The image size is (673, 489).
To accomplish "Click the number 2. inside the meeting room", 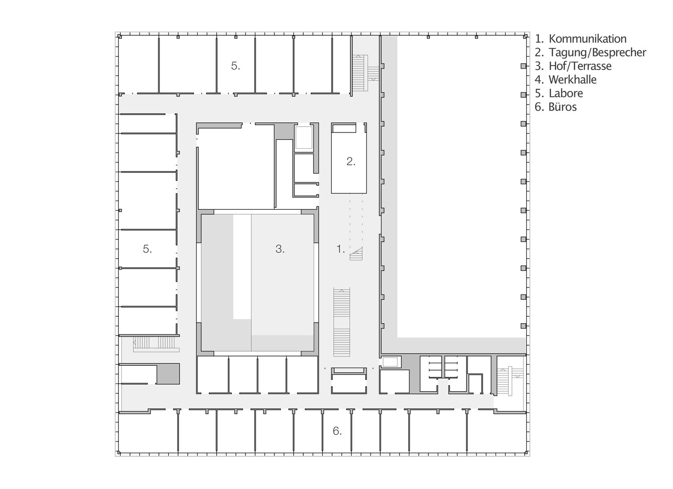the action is click(351, 161).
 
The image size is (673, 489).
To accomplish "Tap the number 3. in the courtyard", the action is click(280, 249).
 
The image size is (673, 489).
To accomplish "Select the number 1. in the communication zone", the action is click(340, 249).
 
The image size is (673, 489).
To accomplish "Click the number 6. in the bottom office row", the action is click(337, 431).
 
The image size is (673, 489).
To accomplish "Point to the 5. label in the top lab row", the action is click(236, 66).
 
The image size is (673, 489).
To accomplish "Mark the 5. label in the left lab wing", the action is click(147, 249).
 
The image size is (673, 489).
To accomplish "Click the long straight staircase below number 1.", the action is click(341, 322).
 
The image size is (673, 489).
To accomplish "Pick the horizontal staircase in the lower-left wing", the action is click(156, 344).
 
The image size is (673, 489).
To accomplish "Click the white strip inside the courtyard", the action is click(242, 267).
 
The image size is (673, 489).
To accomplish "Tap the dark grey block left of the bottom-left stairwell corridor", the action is click(168, 374).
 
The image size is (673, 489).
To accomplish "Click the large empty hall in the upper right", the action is click(461, 187).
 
